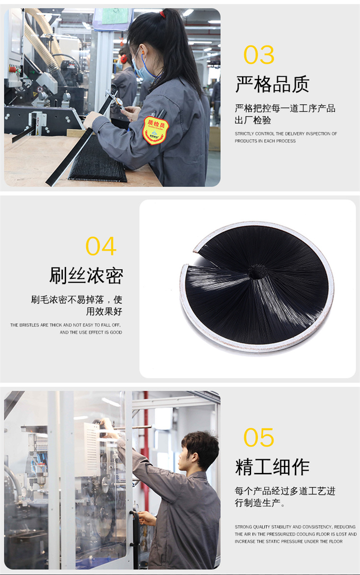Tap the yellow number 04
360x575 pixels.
click(101, 246)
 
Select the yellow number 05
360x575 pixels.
click(259, 437)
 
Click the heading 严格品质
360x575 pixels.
click(272, 84)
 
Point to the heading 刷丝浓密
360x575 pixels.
click(86, 276)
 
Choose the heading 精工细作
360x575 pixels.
click(272, 467)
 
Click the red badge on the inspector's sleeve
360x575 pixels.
click(156, 130)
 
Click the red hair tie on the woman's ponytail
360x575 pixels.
click(162, 14)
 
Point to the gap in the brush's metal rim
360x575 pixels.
click(188, 258)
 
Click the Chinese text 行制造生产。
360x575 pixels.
click(260, 503)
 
